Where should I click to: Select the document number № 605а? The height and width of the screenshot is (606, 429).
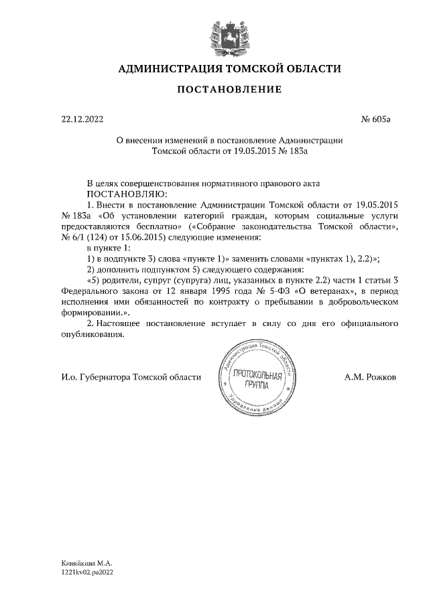pyautogui.click(x=375, y=121)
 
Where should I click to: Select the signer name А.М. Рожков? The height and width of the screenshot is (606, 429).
pyautogui.click(x=370, y=377)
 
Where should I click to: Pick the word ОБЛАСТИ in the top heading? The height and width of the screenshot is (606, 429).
pyautogui.click(x=310, y=69)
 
